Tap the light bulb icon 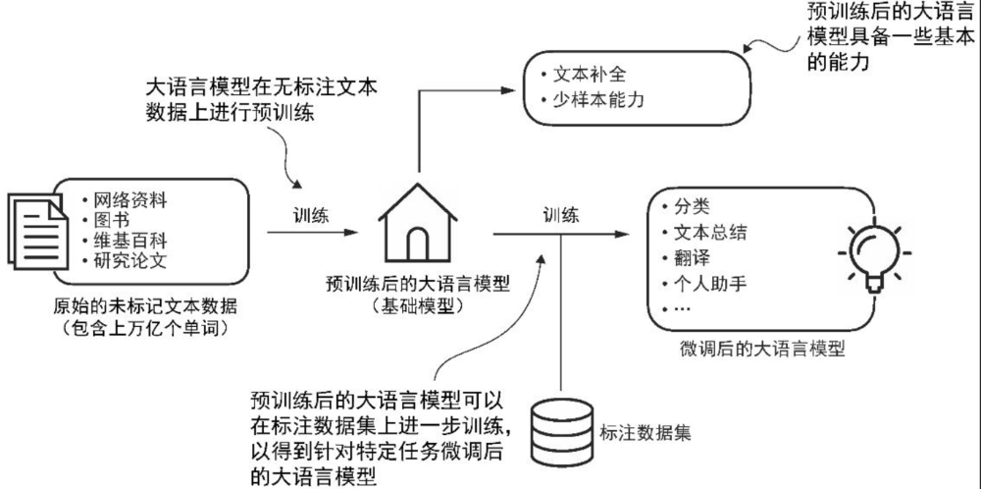pos(872,253)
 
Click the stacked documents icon pos(35,224)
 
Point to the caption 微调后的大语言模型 pos(761,349)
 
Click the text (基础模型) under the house pos(417,305)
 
